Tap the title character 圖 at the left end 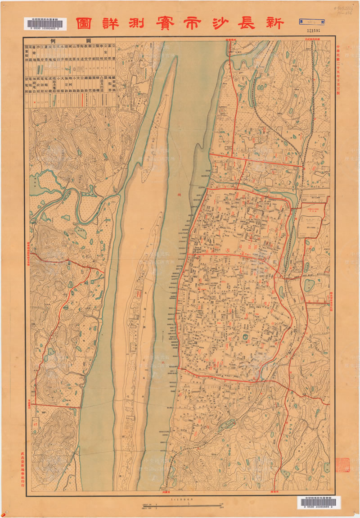(84, 23)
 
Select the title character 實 (161, 23)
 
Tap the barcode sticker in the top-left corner (46, 24)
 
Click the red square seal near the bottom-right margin (342, 465)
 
